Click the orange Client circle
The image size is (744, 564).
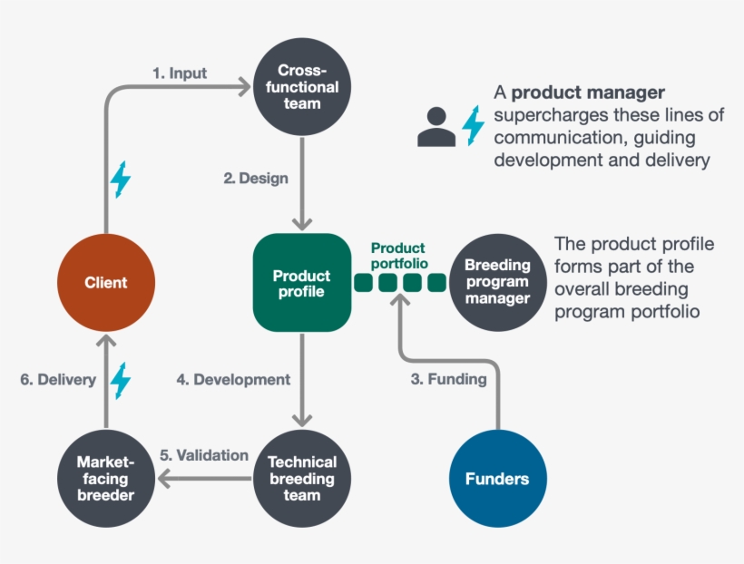click(106, 282)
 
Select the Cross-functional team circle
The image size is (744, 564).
click(299, 87)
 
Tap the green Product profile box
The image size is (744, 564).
click(302, 283)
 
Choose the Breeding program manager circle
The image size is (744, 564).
click(497, 282)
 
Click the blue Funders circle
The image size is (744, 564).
click(497, 478)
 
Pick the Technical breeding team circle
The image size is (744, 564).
click(301, 478)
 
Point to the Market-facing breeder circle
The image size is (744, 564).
click(106, 478)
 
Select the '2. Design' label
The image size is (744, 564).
click(256, 178)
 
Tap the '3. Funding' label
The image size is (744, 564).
click(448, 379)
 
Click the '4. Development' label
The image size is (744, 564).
click(233, 379)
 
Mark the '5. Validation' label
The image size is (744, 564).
click(204, 455)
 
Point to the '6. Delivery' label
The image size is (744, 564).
click(58, 380)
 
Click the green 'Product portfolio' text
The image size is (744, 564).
click(397, 255)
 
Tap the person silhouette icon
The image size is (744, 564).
click(436, 126)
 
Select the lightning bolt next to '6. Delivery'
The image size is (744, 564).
click(121, 380)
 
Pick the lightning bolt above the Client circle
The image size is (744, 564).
click(120, 179)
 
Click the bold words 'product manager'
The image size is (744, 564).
click(588, 92)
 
